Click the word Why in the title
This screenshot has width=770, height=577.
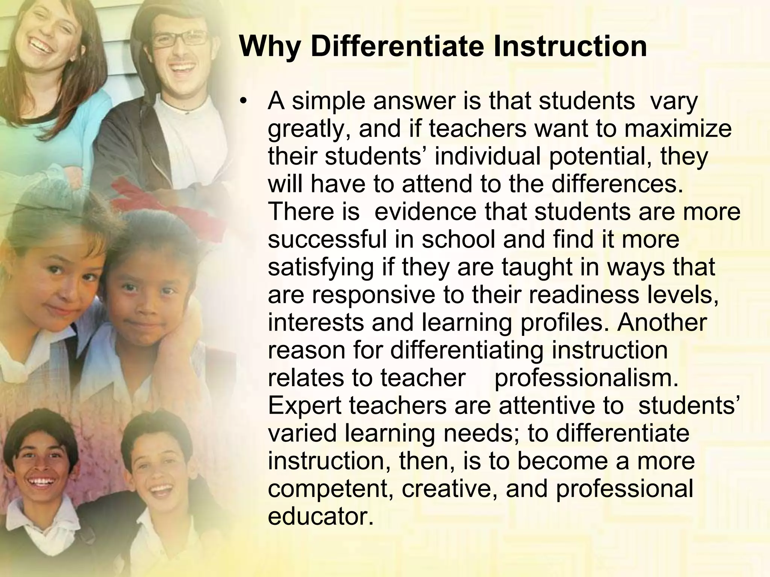tap(269, 47)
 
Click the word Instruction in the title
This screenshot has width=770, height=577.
tap(570, 47)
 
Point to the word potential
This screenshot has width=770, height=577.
tap(599, 156)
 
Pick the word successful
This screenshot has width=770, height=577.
tap(327, 239)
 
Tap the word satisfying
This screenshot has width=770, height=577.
tap(321, 267)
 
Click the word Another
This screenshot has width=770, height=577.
tap(662, 322)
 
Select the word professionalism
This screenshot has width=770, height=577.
tap(587, 378)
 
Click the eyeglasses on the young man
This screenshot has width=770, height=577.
tap(180, 39)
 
